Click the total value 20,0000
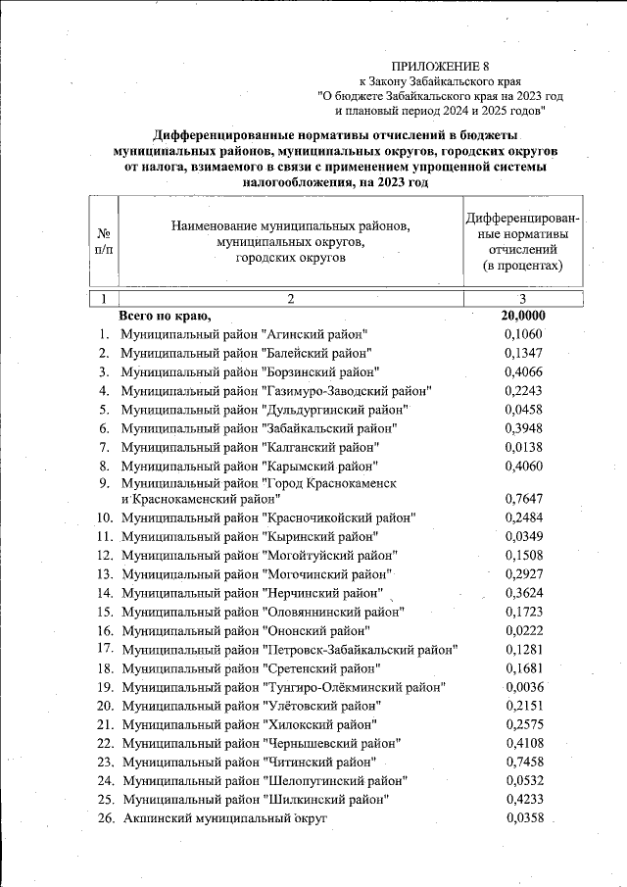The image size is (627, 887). [522, 316]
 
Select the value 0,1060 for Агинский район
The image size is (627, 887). [522, 334]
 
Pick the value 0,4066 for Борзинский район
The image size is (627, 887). [522, 371]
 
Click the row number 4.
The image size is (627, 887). [103, 390]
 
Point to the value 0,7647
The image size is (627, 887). [522, 499]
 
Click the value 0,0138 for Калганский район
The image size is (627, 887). [522, 446]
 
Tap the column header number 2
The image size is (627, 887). [290, 298]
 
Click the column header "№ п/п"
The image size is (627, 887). [104, 242]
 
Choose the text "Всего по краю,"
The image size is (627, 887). [165, 316]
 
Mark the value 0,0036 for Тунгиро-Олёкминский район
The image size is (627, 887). [522, 686]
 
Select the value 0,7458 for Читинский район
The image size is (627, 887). [522, 761]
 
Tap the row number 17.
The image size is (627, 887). [105, 649]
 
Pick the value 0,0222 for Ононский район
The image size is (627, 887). [522, 630]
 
